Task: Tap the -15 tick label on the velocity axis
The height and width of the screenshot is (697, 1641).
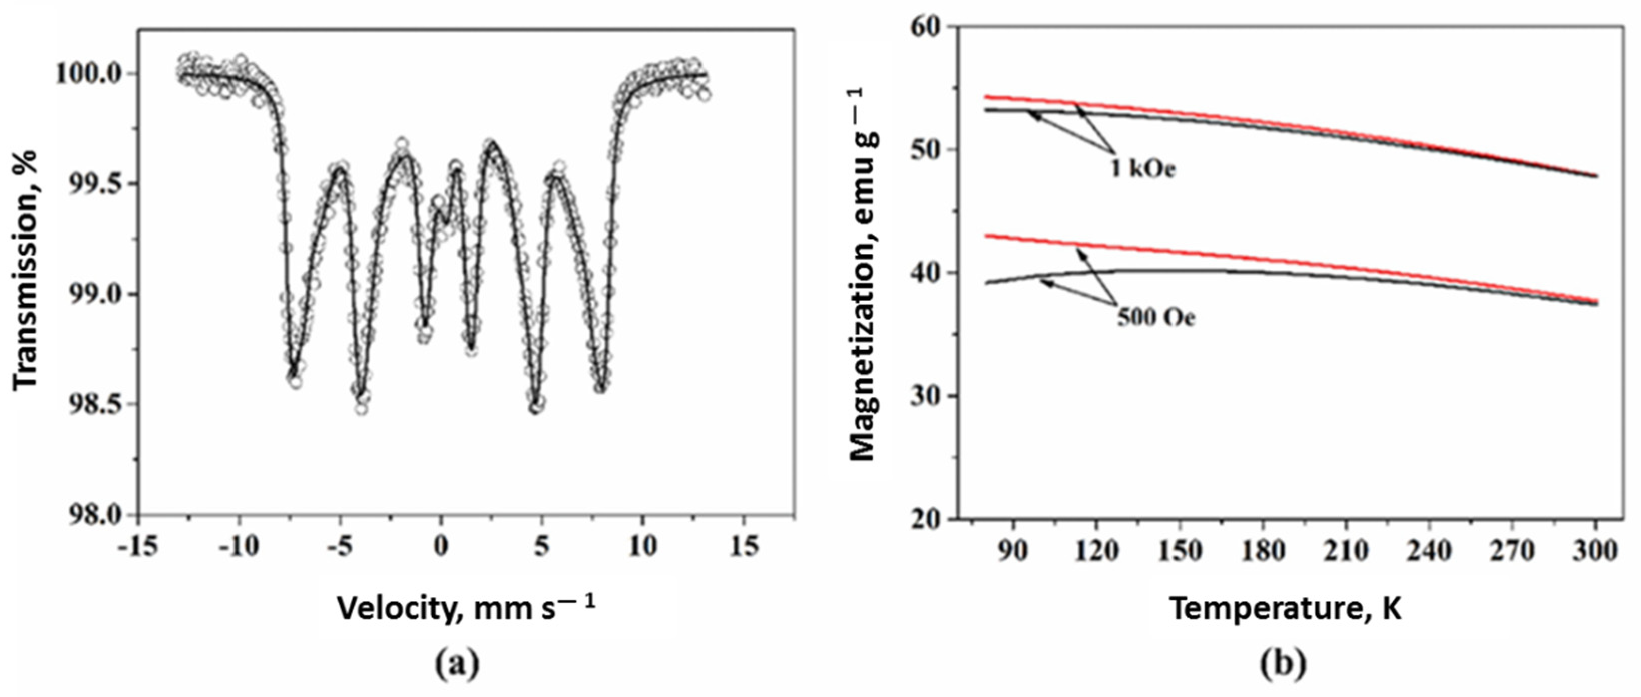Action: click(138, 547)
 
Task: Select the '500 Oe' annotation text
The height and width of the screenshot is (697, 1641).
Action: click(1156, 317)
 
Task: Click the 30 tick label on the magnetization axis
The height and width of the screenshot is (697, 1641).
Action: click(930, 396)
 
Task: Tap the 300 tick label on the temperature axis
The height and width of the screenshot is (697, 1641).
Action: click(1596, 550)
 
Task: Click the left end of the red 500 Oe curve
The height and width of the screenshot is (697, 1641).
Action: click(987, 236)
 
